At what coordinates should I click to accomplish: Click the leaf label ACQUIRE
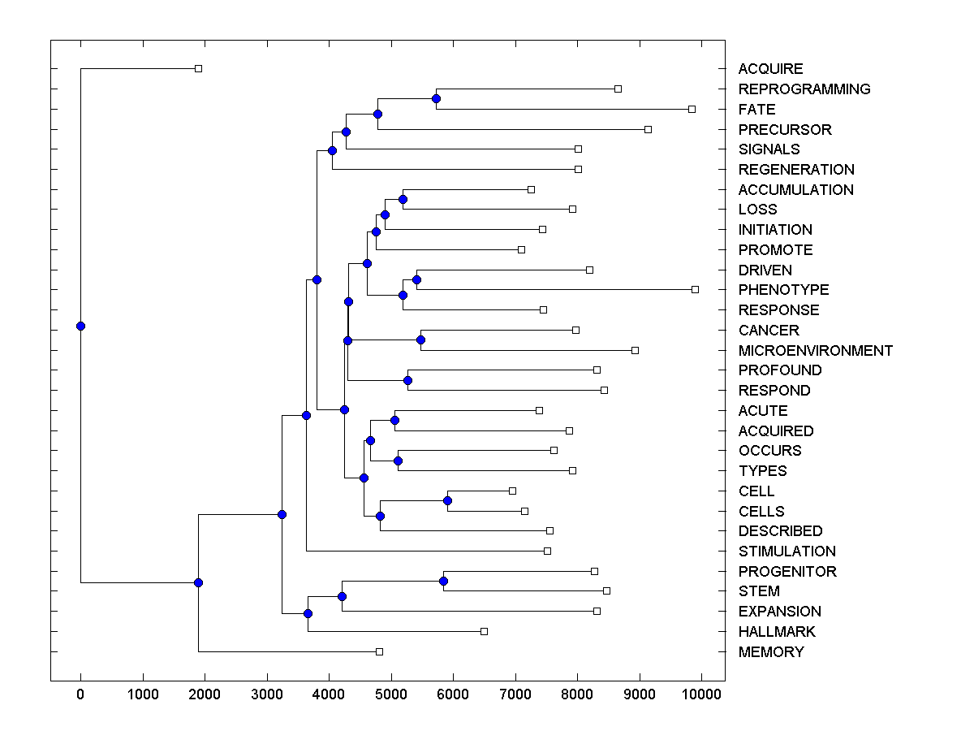point(770,69)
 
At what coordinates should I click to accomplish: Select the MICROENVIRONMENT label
point(815,351)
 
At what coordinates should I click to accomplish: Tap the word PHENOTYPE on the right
point(783,290)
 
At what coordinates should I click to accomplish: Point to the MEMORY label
point(771,652)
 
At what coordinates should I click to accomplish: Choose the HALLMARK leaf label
point(777,632)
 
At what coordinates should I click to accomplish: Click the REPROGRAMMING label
point(804,89)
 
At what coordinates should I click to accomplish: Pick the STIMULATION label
point(787,551)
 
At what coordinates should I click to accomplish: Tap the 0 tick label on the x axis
point(80,694)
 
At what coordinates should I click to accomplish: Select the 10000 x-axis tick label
point(701,694)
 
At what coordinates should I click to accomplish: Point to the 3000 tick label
point(267,694)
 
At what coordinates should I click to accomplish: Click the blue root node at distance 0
point(80,326)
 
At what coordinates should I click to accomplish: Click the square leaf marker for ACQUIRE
point(198,69)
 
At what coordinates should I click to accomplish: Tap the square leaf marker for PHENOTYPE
point(695,289)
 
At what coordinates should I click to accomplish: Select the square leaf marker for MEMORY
point(379,651)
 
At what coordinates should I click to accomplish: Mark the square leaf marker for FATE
point(692,109)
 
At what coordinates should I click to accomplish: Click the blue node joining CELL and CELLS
point(447,500)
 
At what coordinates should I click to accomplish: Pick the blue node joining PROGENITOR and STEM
point(443,581)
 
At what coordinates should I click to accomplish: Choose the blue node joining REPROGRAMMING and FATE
point(436,98)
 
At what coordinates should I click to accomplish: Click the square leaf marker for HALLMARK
point(484,631)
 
